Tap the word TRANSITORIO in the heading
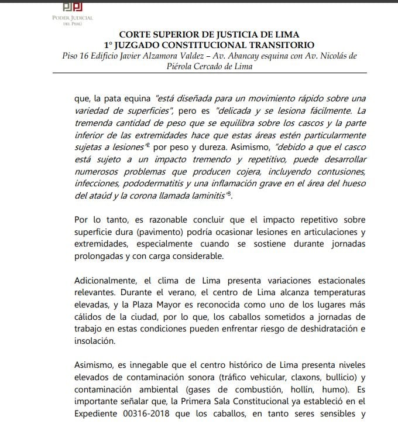(x=281, y=45)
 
